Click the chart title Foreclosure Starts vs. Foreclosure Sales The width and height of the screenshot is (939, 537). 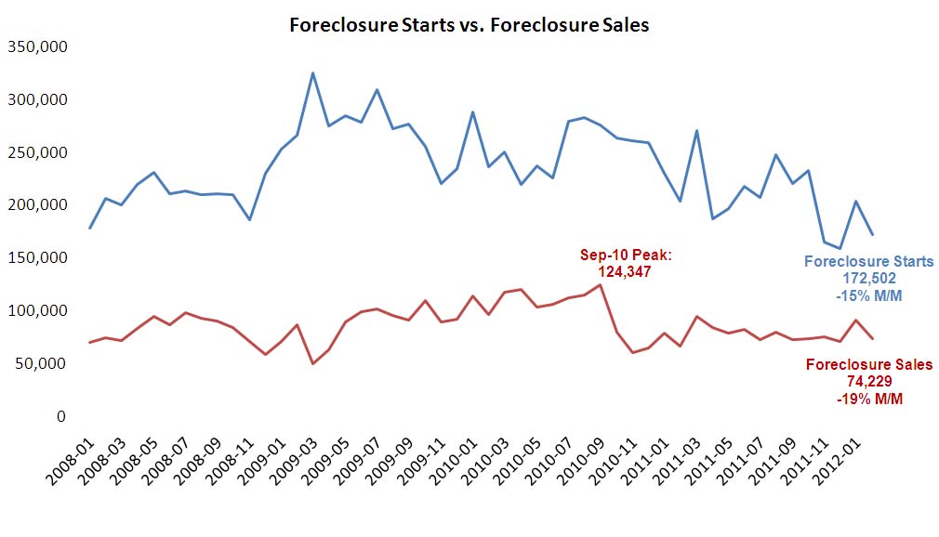pyautogui.click(x=469, y=25)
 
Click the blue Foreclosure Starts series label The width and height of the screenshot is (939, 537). pyautogui.click(x=868, y=262)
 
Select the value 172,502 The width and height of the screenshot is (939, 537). pyautogui.click(x=868, y=279)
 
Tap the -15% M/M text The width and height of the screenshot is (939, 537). pyautogui.click(x=868, y=295)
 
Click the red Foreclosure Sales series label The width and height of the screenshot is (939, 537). pyautogui.click(x=868, y=364)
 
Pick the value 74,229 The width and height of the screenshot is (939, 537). pyautogui.click(x=868, y=381)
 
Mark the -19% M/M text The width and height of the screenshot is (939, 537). pyautogui.click(x=868, y=398)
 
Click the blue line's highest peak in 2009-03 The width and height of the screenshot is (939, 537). pyautogui.click(x=312, y=72)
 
